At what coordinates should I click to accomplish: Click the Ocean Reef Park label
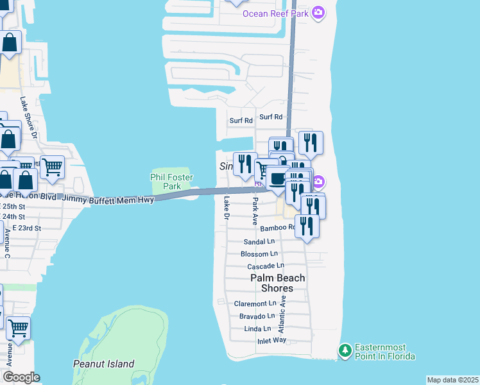click(x=275, y=13)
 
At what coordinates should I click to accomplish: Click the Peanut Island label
click(x=104, y=364)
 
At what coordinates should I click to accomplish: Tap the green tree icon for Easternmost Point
click(x=345, y=350)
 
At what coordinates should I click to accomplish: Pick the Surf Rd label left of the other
click(x=241, y=120)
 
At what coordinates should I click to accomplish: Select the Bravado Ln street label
click(x=257, y=316)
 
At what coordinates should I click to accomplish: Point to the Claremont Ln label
click(x=255, y=303)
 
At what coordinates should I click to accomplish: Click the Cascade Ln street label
click(x=266, y=266)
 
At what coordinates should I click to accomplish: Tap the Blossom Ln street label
click(x=259, y=254)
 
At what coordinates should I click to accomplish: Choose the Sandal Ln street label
click(x=259, y=242)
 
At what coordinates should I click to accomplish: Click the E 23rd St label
click(x=22, y=228)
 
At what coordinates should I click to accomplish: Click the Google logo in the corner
click(x=21, y=377)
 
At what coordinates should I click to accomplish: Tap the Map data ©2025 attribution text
click(x=452, y=380)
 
